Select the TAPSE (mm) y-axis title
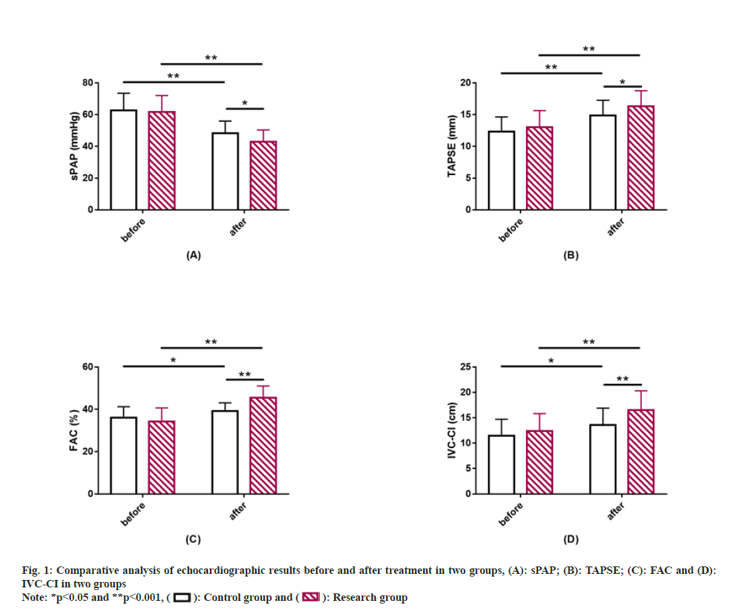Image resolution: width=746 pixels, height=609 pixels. click(452, 146)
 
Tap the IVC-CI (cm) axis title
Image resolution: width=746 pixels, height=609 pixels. click(452, 431)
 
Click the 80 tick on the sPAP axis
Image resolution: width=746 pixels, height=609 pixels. click(87, 83)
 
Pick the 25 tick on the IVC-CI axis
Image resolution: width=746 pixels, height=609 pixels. click(464, 367)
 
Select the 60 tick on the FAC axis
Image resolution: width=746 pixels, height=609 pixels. click(87, 367)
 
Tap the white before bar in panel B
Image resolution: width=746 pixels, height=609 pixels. click(501, 170)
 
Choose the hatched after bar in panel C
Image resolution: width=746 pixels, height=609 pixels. click(263, 445)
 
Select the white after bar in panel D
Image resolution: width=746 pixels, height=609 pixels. click(602, 459)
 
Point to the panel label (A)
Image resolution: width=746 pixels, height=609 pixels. click(193, 255)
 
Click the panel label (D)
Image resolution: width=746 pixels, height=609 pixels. click(570, 539)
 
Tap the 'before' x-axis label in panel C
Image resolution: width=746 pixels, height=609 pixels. click(134, 512)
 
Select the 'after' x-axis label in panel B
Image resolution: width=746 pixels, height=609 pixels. click(616, 227)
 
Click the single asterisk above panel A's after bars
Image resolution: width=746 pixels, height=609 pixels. click(244, 103)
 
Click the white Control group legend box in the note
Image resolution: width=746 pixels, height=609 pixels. click(182, 598)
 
